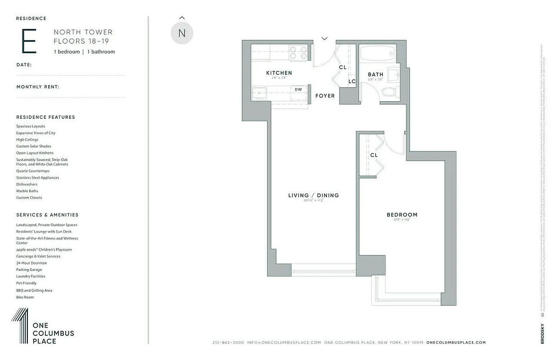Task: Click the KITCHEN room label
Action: coord(279,73)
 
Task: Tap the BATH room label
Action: coord(375,75)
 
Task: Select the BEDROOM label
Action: coord(402,215)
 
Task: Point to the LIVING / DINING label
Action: coord(313,195)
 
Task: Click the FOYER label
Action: coord(325,96)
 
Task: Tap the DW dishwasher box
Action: coord(298,90)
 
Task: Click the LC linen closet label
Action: coord(352,81)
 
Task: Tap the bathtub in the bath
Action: coord(377,54)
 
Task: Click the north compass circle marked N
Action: coord(182,33)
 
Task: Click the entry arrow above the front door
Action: coord(324,39)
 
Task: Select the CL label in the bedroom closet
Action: coord(374,155)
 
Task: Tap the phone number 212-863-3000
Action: coord(228,342)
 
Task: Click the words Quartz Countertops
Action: coord(33,171)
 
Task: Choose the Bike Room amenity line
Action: coord(25,297)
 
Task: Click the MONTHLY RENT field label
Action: coord(38,87)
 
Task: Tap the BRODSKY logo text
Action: coord(542,333)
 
